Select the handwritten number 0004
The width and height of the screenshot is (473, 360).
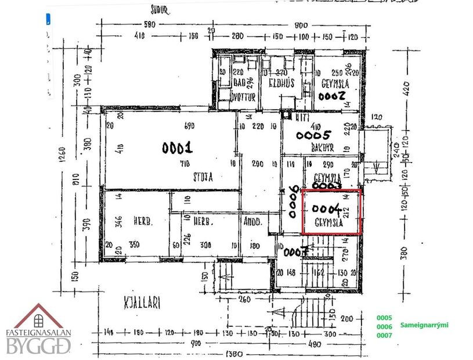click(x=326, y=208)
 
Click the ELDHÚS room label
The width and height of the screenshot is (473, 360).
click(x=281, y=83)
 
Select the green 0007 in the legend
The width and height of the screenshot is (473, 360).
click(x=385, y=336)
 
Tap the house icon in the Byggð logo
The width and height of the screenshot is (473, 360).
click(x=38, y=317)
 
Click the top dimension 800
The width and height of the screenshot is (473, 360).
click(x=300, y=25)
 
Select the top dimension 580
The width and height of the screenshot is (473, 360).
click(x=150, y=25)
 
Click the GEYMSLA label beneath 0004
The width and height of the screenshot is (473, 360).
click(x=326, y=222)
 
